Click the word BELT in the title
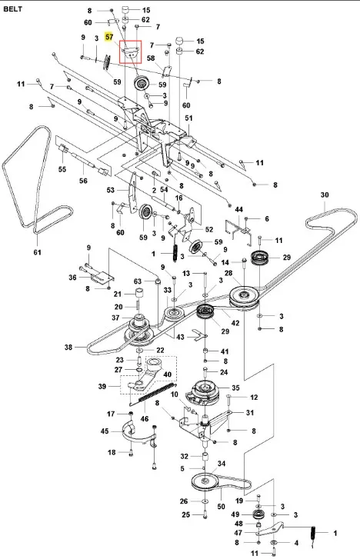[12, 9]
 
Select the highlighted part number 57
[109, 37]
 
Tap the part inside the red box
[130, 51]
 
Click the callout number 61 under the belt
[37, 252]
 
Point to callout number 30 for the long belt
[325, 195]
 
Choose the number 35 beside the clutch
[235, 388]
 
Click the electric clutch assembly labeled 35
[202, 393]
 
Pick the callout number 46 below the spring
[145, 418]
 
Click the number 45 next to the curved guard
[105, 431]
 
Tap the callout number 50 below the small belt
[222, 506]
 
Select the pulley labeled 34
[205, 481]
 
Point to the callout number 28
[228, 273]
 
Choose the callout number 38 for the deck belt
[68, 347]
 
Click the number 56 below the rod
[83, 181]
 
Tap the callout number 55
[62, 169]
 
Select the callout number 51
[188, 118]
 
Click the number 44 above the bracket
[238, 210]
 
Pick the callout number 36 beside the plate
[72, 277]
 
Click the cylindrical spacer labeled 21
[138, 294]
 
